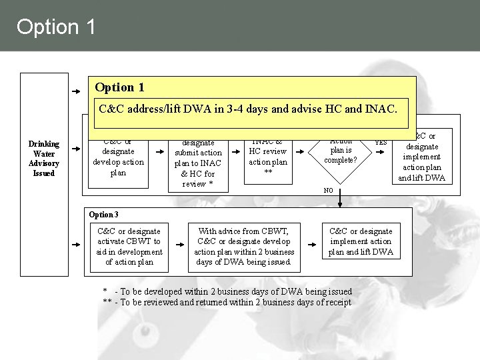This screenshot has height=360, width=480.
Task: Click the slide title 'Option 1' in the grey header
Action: tap(57, 27)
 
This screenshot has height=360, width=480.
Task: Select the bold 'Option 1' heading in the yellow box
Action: tap(120, 87)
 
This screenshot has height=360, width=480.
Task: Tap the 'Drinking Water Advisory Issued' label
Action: tap(44, 158)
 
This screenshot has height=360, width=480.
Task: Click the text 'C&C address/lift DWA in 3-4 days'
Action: tap(193, 108)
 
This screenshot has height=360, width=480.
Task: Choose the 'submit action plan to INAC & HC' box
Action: tap(198, 163)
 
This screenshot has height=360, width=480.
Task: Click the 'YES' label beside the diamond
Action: tap(381, 142)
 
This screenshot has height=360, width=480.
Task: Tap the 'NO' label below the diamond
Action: tap(328, 191)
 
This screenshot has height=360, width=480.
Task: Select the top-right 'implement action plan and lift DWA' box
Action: tap(422, 157)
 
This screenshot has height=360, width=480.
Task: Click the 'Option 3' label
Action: tap(103, 215)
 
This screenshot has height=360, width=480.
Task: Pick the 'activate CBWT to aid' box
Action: tap(129, 247)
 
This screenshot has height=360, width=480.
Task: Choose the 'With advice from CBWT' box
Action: tap(244, 247)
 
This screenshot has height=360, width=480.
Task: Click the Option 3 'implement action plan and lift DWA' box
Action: tap(361, 241)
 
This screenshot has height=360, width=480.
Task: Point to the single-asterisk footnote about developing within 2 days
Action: tap(227, 291)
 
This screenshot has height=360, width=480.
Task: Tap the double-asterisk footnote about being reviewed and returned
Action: tap(227, 303)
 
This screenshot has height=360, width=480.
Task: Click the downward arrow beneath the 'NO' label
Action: tap(340, 198)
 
